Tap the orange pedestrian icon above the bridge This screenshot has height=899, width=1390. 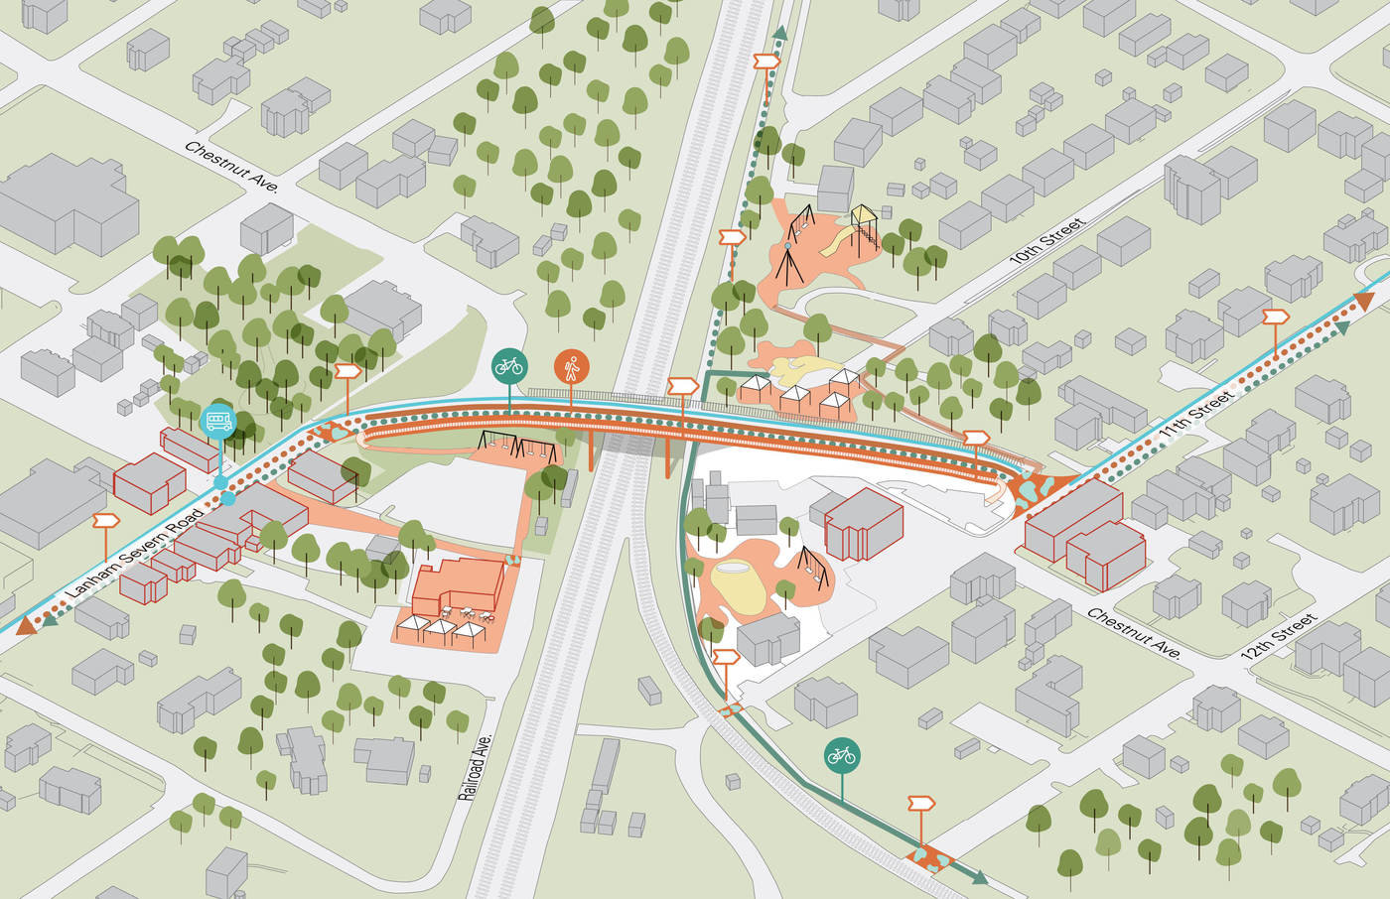click(x=570, y=366)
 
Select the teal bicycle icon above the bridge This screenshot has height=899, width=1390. click(x=508, y=365)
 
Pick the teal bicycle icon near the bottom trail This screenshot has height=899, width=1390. click(x=842, y=755)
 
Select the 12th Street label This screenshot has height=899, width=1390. click(x=1280, y=638)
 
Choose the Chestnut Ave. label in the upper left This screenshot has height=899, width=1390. click(x=231, y=166)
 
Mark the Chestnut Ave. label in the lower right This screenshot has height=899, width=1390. click(x=1134, y=634)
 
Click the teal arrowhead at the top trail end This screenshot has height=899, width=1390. click(x=780, y=34)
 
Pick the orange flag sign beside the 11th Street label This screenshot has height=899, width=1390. click(x=1275, y=317)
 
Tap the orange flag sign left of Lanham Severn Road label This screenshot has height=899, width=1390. click(x=105, y=520)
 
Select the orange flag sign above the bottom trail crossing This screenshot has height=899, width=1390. click(x=921, y=802)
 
